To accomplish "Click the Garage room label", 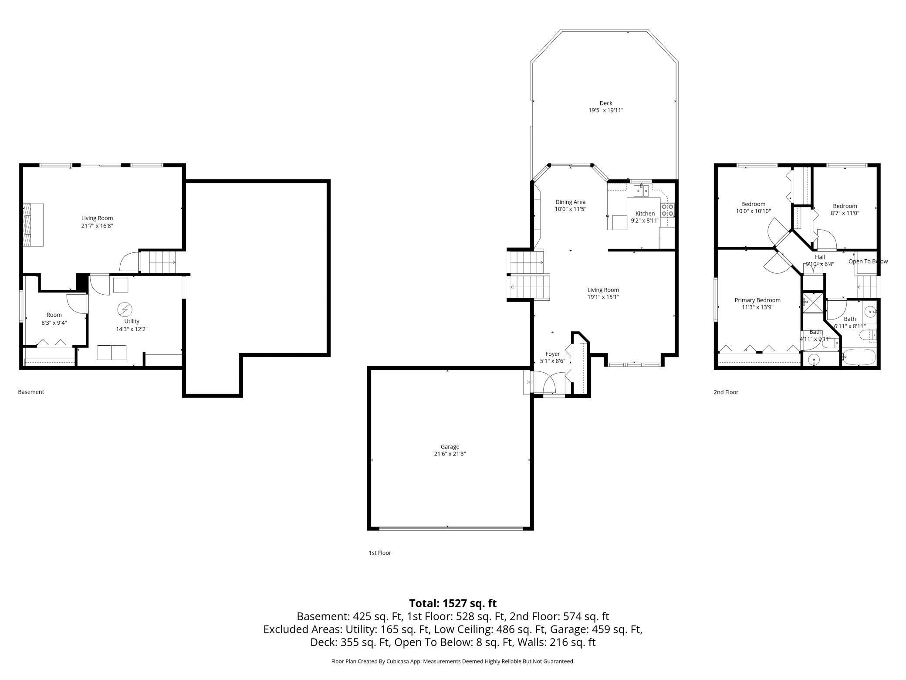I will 450,446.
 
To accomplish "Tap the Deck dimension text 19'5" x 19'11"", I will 606,111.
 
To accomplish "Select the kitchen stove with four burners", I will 667,210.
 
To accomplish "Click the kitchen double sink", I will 641,190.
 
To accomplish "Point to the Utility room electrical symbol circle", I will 125,310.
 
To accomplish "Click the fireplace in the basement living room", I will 34,225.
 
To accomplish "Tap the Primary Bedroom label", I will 757,300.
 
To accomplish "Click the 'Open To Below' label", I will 868,262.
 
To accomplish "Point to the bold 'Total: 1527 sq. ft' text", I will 453,603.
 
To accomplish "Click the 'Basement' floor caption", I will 31,392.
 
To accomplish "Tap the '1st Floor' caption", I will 380,553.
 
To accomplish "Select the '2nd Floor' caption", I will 726,392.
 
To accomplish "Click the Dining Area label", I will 570,202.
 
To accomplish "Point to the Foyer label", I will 552,354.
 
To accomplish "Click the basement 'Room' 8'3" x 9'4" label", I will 54,315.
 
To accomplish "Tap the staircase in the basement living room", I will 162,262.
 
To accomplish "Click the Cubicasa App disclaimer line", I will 453,661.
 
